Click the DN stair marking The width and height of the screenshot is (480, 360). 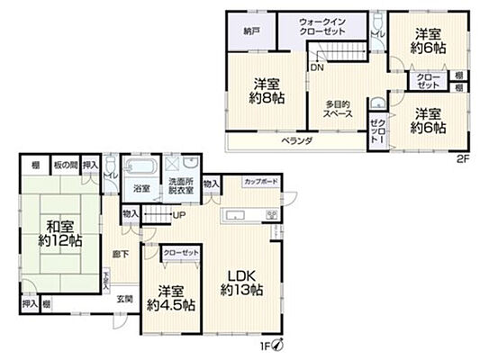point(317,67)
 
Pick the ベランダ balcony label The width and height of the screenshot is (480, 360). point(294,140)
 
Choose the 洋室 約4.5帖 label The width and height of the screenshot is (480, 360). point(171,297)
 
